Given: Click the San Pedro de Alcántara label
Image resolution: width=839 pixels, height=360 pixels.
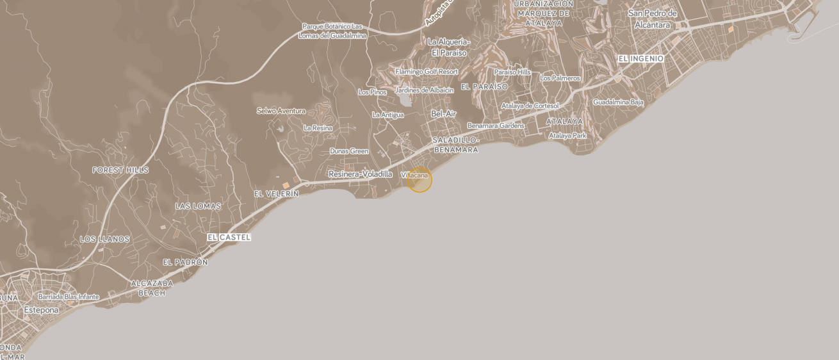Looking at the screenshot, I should (x=652, y=19).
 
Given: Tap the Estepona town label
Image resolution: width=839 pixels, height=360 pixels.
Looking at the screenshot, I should (x=41, y=310).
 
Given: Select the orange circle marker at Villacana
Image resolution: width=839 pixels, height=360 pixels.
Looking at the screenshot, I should (x=419, y=180).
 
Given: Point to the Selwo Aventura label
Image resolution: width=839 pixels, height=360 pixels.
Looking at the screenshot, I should (x=281, y=111).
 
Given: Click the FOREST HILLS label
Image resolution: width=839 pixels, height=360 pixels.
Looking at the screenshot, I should (x=120, y=170).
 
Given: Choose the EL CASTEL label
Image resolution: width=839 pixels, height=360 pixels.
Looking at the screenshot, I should (x=229, y=237).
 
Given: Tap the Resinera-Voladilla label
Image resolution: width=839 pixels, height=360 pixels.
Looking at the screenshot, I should (x=360, y=174).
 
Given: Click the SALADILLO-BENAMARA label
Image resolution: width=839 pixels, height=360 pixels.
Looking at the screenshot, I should (x=455, y=145).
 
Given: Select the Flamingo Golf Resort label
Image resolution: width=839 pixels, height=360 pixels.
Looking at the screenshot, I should (x=426, y=72).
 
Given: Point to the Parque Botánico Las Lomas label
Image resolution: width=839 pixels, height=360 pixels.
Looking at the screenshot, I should (x=332, y=31).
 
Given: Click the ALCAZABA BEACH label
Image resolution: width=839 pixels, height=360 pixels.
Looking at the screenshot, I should (x=152, y=288).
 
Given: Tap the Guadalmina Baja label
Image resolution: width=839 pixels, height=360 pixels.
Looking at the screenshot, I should (x=617, y=102).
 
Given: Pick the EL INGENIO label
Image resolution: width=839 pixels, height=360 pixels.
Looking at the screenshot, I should (x=640, y=59).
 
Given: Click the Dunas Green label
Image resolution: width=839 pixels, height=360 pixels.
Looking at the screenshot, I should (x=349, y=151).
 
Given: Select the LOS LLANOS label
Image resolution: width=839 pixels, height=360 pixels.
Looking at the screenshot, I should (x=104, y=239).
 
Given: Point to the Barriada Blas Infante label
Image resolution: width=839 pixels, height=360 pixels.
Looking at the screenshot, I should (x=69, y=297).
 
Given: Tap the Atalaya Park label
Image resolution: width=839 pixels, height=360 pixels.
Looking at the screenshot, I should (x=567, y=135).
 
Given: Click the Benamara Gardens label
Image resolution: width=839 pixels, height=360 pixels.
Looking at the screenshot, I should (x=495, y=126).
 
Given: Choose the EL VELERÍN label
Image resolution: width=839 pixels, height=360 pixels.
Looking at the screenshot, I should (x=276, y=193).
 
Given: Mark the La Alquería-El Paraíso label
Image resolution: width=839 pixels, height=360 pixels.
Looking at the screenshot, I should (x=448, y=47).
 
